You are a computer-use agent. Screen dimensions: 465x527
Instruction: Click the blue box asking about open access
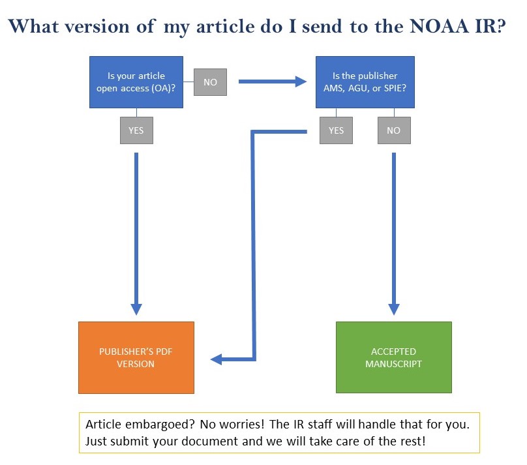136,82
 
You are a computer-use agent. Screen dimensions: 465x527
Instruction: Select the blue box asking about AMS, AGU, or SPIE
365,82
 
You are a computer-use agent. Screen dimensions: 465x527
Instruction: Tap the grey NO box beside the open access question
210,83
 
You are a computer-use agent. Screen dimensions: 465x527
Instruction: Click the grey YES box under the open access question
136,130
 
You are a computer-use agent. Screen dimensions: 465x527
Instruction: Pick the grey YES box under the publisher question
336,130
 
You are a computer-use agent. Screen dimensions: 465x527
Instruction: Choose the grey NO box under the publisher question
393,130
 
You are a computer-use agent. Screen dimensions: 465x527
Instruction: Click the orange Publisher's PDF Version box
136,357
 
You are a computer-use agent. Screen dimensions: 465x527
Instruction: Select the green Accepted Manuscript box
393,357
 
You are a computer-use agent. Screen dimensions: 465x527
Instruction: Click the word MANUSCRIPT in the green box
393,363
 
